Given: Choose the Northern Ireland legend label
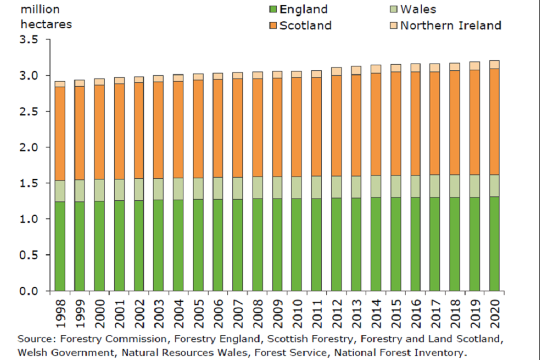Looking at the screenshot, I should coord(451,25).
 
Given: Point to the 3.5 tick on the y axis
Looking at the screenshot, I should coord(29,40).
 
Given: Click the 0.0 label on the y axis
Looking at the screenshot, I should coord(29,291).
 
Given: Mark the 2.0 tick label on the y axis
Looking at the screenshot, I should coord(29,147).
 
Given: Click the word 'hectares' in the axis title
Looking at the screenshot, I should coord(46,25).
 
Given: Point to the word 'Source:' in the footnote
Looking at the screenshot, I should coord(35,339).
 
